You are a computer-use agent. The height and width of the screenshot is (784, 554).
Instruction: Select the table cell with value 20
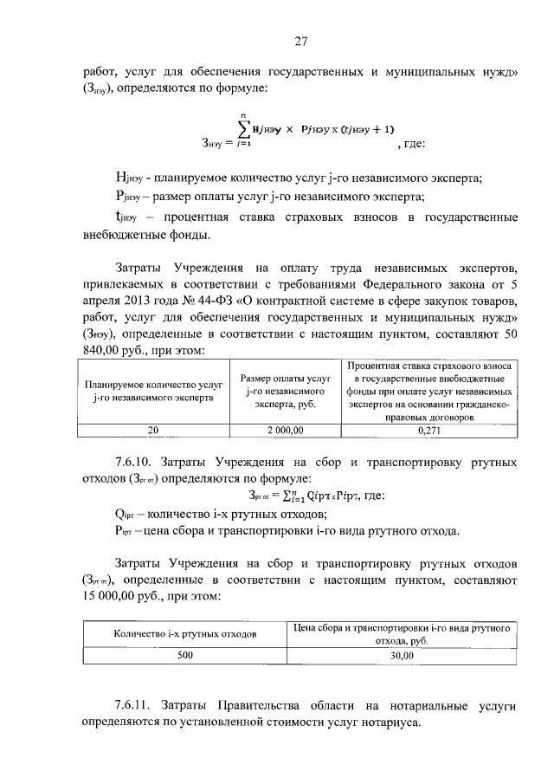point(152,428)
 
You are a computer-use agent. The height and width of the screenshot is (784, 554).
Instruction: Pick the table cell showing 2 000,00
point(284,428)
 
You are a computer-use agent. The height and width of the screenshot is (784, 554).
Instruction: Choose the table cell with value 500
point(185,657)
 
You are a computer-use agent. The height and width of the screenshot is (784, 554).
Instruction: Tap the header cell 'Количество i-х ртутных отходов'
point(185,634)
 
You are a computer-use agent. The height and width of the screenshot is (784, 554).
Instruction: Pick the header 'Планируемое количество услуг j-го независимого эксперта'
point(152,392)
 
